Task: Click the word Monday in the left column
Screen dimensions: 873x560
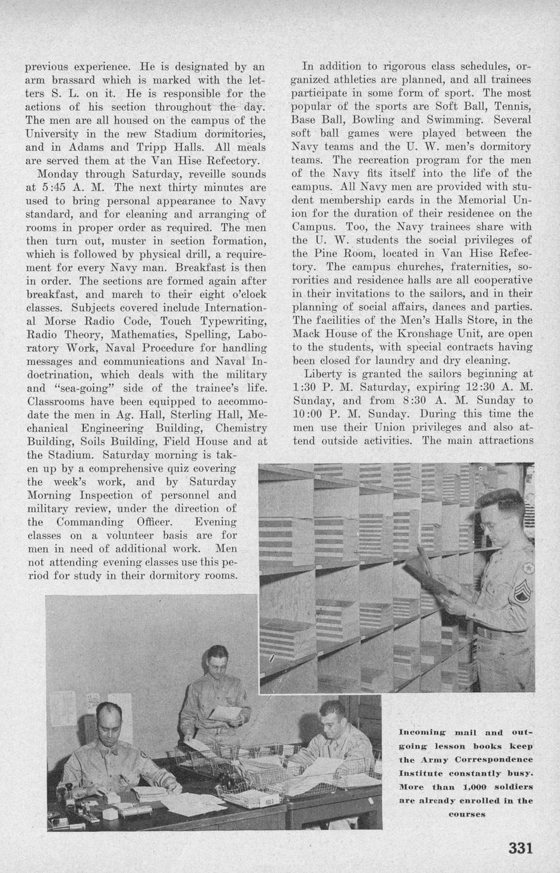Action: click(58, 173)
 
